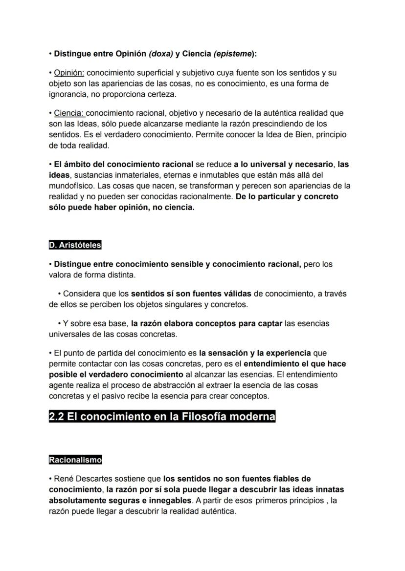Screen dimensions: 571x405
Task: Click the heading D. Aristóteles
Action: point(75,245)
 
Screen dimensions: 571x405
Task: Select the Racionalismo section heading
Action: point(75,460)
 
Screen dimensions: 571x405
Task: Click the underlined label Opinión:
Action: point(69,73)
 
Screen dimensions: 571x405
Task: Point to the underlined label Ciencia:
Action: point(69,113)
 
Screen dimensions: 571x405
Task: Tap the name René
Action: point(64,479)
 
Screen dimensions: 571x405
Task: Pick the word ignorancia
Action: point(68,94)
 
